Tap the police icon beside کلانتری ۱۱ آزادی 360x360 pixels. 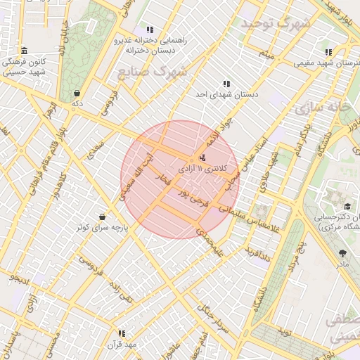point(203,157)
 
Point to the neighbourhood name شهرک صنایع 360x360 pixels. point(151,71)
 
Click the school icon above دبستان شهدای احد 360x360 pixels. point(226,84)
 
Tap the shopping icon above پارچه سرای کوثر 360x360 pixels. point(103,217)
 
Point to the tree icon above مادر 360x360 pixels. point(342,253)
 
